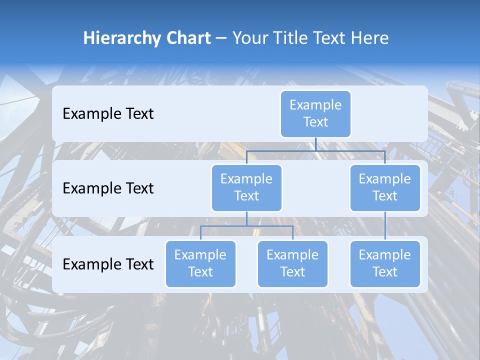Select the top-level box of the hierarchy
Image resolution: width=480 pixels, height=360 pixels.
point(315,114)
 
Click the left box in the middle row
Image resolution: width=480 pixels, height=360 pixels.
point(246,188)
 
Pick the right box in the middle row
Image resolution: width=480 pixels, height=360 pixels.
point(385,188)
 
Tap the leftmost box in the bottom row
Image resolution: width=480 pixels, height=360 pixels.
point(200,264)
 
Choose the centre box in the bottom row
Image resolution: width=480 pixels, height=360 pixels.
point(292,264)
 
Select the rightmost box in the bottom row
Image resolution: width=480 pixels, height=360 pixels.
point(385,264)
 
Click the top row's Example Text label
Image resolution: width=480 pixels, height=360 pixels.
point(108,114)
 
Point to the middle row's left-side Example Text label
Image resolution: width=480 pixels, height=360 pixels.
point(108,188)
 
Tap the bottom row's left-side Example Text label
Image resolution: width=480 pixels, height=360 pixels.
point(108,264)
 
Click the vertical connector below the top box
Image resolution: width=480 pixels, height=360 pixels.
point(315,144)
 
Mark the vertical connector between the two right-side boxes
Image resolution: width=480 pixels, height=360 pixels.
point(385,226)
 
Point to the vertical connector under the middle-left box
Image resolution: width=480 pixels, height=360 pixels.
point(246,219)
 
